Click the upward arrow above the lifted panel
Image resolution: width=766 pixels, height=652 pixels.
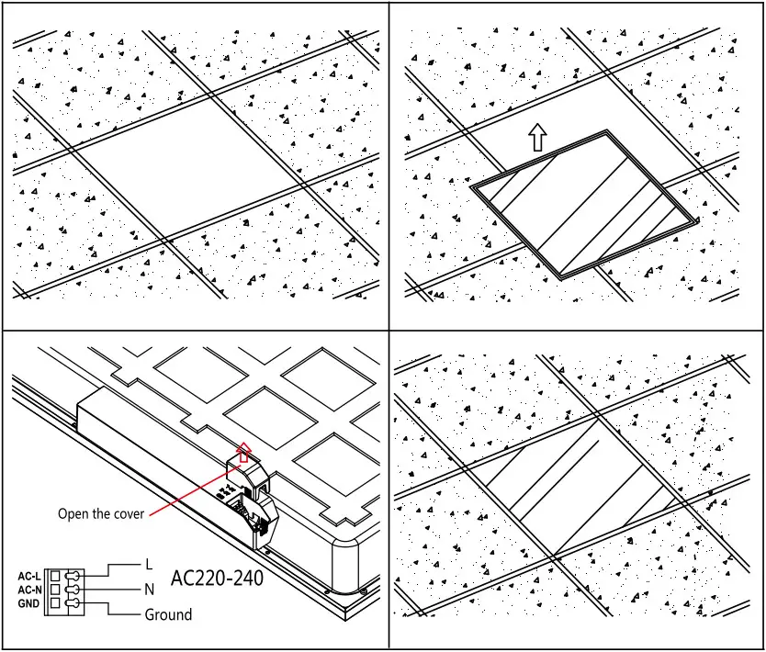click(x=537, y=138)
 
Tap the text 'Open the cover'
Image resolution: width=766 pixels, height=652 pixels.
click(x=101, y=514)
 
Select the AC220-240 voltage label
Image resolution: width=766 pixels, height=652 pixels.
click(x=218, y=579)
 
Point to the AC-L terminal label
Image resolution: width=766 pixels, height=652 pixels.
click(x=29, y=576)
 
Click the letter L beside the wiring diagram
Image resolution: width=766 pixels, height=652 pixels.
click(x=148, y=563)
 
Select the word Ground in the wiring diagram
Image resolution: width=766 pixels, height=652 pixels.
click(x=169, y=614)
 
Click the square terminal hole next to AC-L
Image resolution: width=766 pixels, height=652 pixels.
click(x=54, y=576)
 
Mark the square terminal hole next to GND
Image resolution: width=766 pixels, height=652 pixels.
click(x=54, y=603)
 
